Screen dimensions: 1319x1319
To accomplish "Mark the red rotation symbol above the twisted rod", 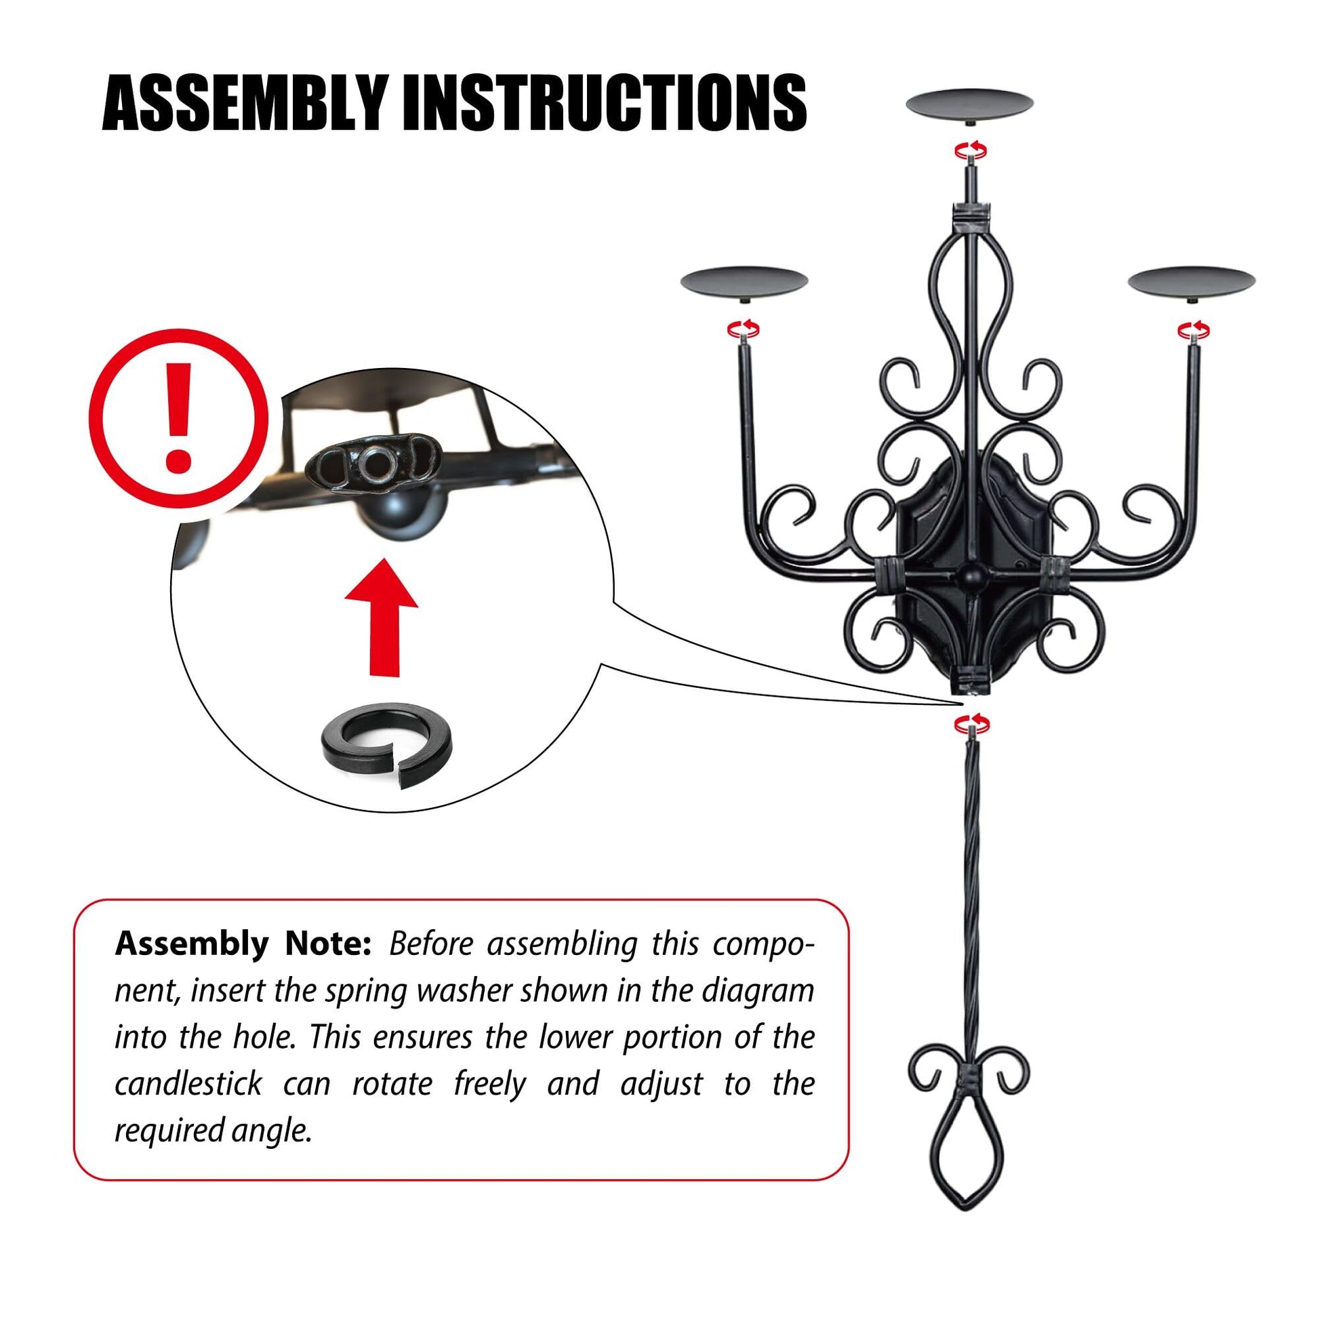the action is [971, 723].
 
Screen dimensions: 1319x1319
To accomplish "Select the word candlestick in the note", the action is [188, 1083].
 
